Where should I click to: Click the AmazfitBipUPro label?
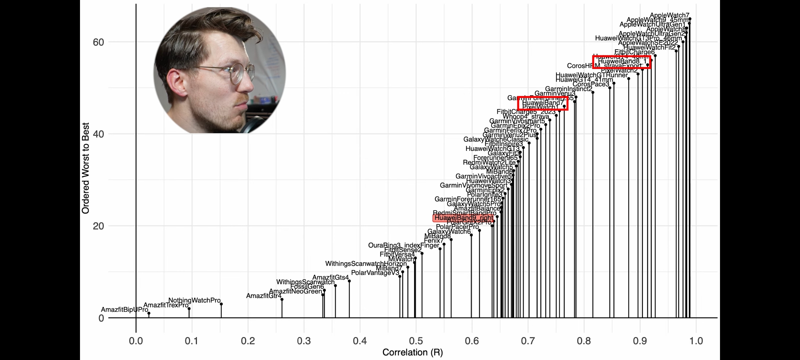click(x=124, y=310)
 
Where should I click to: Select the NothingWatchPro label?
click(x=194, y=300)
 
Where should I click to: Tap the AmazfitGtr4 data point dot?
click(x=282, y=299)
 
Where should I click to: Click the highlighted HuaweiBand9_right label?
click(x=463, y=218)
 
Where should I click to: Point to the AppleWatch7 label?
click(x=669, y=15)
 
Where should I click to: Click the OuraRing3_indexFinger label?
click(x=403, y=245)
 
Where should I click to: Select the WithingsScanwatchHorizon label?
click(x=366, y=264)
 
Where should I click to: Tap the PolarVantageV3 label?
click(x=375, y=273)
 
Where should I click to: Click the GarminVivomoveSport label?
click(x=473, y=185)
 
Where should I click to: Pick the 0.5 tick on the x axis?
click(x=416, y=341)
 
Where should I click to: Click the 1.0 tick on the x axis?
click(x=696, y=341)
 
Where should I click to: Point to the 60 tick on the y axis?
click(x=98, y=42)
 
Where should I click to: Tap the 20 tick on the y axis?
click(x=98, y=226)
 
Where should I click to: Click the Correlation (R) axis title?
click(x=413, y=352)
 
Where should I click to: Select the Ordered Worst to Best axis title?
click(x=86, y=168)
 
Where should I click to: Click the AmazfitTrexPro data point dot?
click(x=189, y=309)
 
